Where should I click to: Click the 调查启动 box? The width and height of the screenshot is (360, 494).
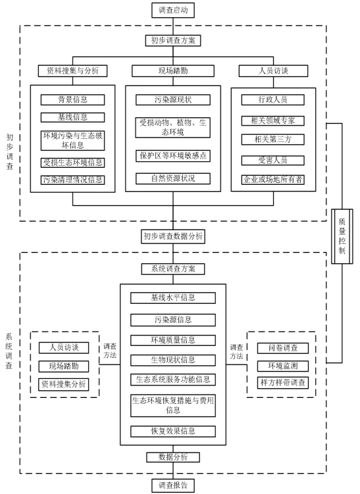pyautogui.click(x=173, y=10)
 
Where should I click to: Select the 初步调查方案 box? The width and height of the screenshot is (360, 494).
pyautogui.click(x=173, y=41)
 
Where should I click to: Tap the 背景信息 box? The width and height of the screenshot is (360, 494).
pyautogui.click(x=72, y=100)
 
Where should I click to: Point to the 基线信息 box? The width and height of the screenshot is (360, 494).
pyautogui.click(x=72, y=118)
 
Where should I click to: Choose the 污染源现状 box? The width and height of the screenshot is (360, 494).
pyautogui.click(x=173, y=100)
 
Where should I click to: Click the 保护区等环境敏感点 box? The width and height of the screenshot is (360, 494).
pyautogui.click(x=173, y=156)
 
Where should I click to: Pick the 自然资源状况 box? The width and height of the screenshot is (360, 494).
pyautogui.click(x=173, y=179)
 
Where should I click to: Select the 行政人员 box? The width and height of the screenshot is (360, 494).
pyautogui.click(x=273, y=100)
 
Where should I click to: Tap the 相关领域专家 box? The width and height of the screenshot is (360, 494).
pyautogui.click(x=273, y=120)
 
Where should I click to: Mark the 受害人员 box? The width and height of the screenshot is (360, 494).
pyautogui.click(x=273, y=161)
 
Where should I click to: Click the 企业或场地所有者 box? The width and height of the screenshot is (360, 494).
pyautogui.click(x=273, y=180)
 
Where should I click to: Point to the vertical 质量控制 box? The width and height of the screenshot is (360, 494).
pyautogui.click(x=342, y=236)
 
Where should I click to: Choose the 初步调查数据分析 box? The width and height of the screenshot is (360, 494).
pyautogui.click(x=173, y=236)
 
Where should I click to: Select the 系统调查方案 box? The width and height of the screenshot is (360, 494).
pyautogui.click(x=173, y=269)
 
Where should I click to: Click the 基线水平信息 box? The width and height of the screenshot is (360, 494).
pyautogui.click(x=173, y=298)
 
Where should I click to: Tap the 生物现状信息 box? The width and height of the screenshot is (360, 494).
pyautogui.click(x=173, y=360)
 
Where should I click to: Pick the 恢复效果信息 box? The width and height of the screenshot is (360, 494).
pyautogui.click(x=173, y=432)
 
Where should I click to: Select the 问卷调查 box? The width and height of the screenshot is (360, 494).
pyautogui.click(x=283, y=348)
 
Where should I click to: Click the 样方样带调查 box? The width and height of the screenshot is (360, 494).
pyautogui.click(x=283, y=383)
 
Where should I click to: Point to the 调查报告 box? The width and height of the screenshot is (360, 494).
pyautogui.click(x=173, y=485)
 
